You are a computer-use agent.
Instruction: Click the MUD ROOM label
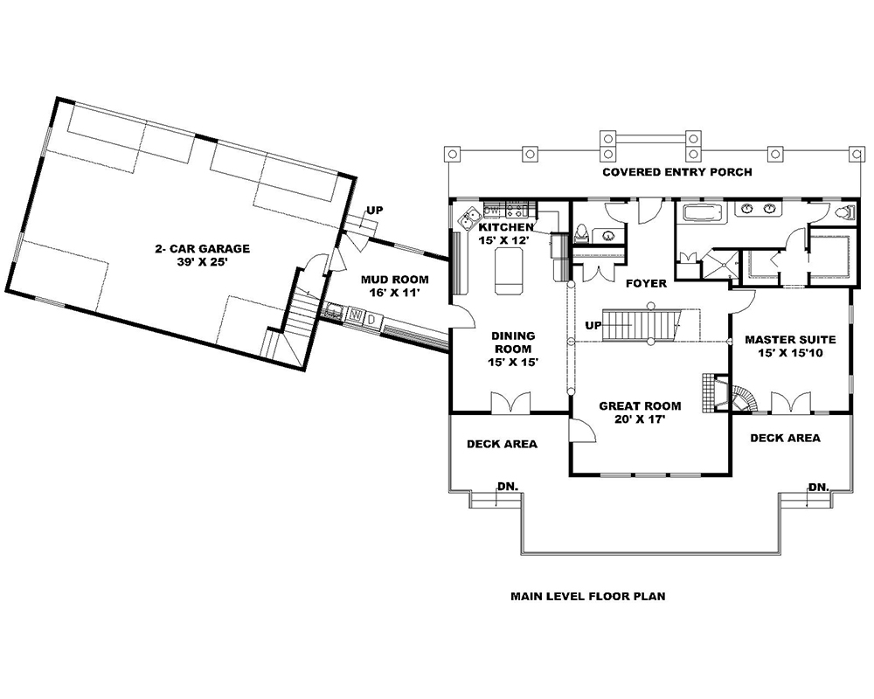[395, 280]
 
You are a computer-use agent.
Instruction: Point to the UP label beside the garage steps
[374, 211]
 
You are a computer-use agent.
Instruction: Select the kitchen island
[508, 271]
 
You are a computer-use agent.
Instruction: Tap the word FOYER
[647, 283]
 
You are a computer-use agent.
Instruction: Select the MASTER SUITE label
[790, 339]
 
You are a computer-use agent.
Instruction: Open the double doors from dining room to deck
[510, 403]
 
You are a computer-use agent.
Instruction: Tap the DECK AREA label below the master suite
[785, 438]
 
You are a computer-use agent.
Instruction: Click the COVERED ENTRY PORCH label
[676, 172]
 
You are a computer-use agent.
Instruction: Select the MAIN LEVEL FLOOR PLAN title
[587, 597]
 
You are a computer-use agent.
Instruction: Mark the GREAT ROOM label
[639, 405]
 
